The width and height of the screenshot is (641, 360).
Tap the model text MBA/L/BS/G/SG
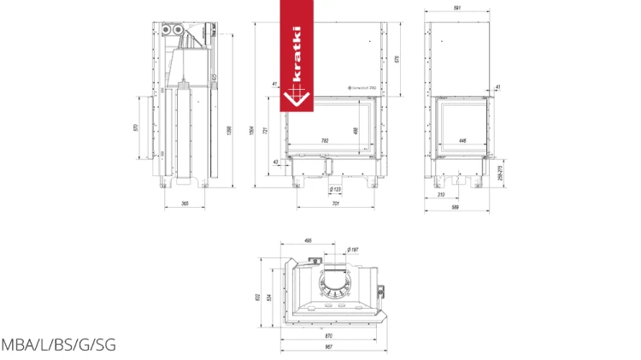point(58,345)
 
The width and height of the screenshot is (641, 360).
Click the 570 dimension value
point(136,127)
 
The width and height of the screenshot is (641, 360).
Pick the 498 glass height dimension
point(356,130)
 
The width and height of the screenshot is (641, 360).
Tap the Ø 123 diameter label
point(334,190)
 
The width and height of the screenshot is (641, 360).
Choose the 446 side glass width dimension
point(462,140)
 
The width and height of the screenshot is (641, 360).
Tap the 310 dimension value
point(440,196)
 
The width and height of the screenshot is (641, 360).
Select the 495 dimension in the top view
point(309,241)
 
